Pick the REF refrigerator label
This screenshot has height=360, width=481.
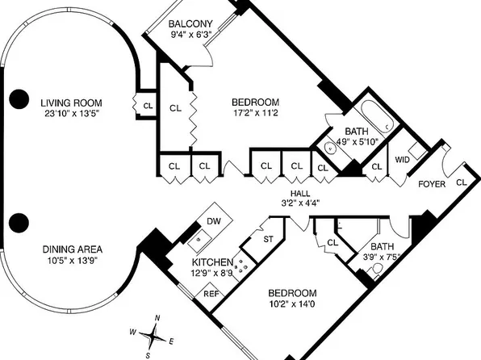pos(211,294)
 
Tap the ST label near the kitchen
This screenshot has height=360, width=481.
pos(269,238)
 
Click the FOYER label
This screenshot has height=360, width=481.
pos(432,184)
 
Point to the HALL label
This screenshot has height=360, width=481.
pos(300,193)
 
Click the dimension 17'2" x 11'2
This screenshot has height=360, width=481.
pos(255,114)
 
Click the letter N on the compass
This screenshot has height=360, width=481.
pos(157,317)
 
